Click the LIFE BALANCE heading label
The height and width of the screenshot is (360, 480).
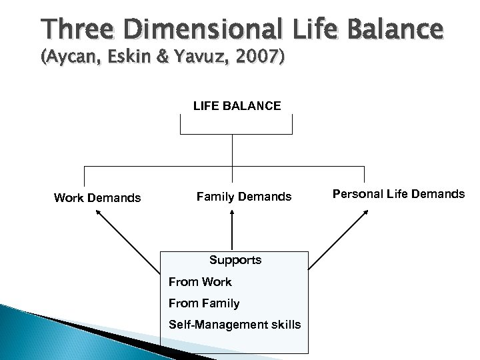click(x=237, y=105)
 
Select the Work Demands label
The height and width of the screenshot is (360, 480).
click(x=97, y=197)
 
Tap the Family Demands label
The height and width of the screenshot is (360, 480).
click(x=244, y=197)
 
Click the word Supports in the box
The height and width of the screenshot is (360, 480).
click(x=235, y=259)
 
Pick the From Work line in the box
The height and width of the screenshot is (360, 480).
click(x=201, y=282)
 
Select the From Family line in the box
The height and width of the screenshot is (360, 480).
click(x=204, y=303)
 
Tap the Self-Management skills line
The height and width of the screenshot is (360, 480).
click(x=235, y=325)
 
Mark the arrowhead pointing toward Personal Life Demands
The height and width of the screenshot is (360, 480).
click(x=367, y=211)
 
